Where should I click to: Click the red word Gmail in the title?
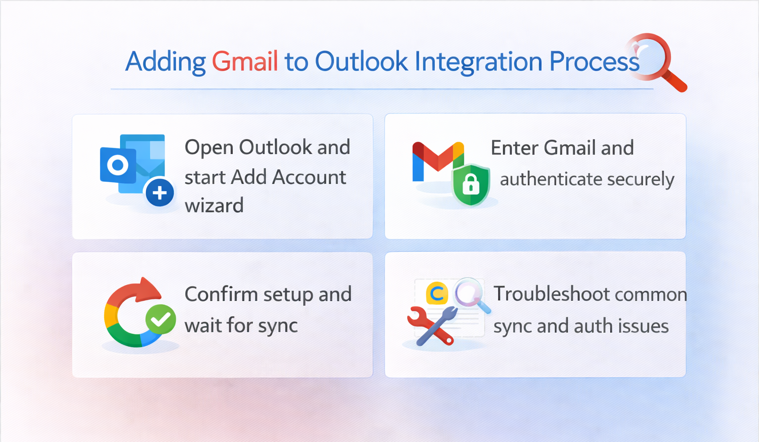[x=245, y=61]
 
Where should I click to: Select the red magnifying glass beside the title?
[x=656, y=62]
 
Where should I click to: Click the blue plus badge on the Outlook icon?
[x=160, y=193]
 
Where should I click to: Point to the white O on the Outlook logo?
[x=118, y=165]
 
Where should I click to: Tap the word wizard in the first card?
[x=214, y=205]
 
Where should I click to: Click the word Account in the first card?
[x=309, y=177]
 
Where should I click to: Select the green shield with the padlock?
[x=471, y=185]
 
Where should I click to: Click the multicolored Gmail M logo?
[x=438, y=161]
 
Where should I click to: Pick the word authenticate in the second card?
[x=551, y=179]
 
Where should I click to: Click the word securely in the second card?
[x=641, y=179]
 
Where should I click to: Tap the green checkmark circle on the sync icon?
[x=161, y=319]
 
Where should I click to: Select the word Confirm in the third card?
[x=221, y=294]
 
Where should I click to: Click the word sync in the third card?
[x=278, y=326]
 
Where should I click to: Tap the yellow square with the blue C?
[x=437, y=293]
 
